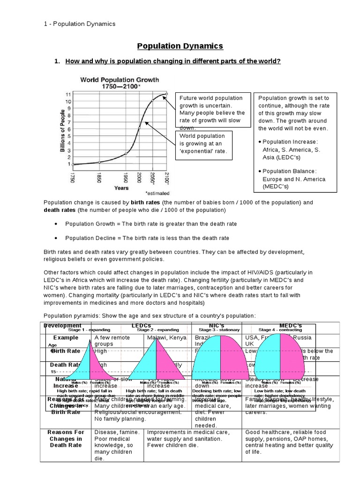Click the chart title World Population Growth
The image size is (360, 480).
(x=120, y=80)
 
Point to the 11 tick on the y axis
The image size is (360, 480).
(x=68, y=94)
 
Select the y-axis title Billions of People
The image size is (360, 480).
(x=62, y=128)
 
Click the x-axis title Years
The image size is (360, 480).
(x=121, y=188)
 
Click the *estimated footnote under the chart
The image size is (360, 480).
(x=157, y=193)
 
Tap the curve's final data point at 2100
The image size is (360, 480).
(x=166, y=94)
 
